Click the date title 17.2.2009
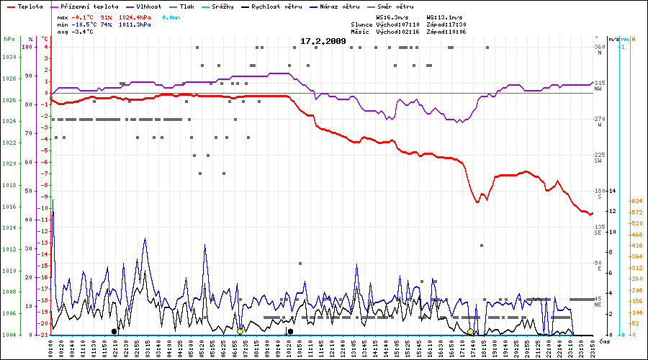coord(323,41)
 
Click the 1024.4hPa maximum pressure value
coord(135,16)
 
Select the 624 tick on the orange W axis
coord(636,201)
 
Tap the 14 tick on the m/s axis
coord(612,191)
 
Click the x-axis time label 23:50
coord(593,348)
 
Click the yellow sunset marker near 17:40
coord(470,331)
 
